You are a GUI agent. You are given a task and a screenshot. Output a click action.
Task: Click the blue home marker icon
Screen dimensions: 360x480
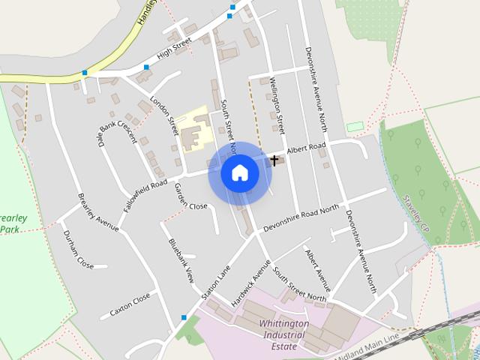240,172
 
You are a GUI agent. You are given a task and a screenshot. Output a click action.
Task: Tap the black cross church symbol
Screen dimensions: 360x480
274,160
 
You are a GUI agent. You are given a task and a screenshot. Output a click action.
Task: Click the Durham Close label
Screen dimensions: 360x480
78,250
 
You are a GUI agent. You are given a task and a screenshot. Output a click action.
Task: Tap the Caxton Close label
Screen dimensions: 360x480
130,303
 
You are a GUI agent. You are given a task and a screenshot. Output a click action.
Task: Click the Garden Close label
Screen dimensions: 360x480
190,196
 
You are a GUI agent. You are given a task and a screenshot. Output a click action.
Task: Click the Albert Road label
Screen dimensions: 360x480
306,147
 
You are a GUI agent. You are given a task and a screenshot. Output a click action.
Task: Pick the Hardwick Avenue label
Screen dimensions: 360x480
250,282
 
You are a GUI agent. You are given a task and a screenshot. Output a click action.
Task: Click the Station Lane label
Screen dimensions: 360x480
214,280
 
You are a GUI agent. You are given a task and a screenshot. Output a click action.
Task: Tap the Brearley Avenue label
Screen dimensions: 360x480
98,212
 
